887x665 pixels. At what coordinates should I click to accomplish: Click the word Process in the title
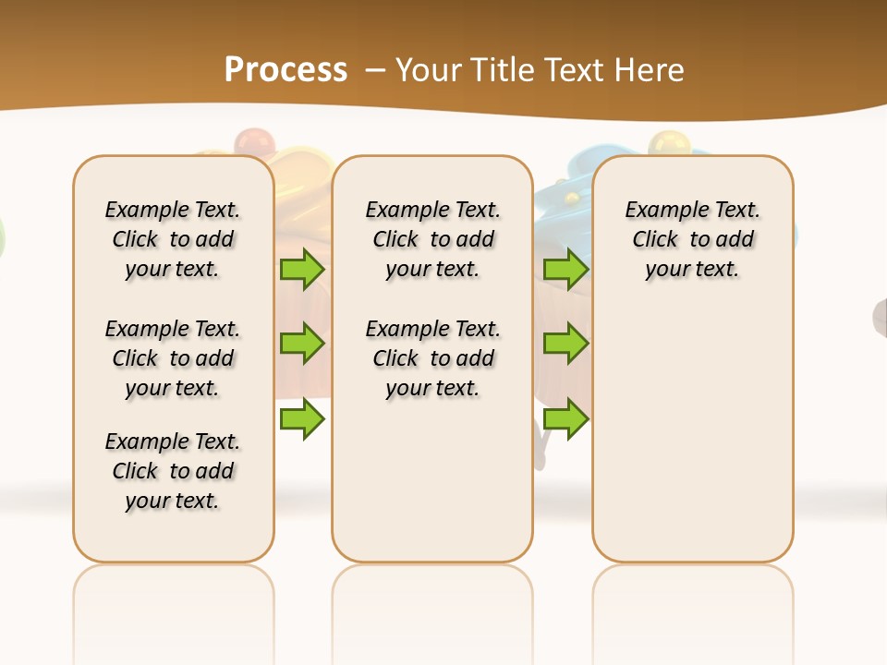(286, 69)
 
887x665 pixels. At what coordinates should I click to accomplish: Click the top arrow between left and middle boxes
(301, 270)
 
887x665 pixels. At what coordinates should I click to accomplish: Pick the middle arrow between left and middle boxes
(301, 344)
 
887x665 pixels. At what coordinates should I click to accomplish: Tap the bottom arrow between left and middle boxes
(301, 419)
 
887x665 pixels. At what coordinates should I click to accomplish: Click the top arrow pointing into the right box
(565, 270)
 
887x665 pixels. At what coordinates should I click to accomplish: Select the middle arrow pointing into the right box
(565, 344)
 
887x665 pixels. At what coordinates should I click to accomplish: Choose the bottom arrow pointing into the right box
(565, 419)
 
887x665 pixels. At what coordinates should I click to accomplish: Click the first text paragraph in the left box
(173, 239)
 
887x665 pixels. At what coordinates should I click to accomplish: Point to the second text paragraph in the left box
(173, 358)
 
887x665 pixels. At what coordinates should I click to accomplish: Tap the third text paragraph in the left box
(173, 471)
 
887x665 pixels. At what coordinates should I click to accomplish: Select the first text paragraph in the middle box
(433, 239)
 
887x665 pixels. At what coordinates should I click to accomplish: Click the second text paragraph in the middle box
(433, 358)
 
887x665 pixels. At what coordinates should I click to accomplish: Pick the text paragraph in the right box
(693, 239)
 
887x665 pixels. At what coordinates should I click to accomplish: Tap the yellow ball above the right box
(663, 143)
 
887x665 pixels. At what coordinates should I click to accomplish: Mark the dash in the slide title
(375, 70)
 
